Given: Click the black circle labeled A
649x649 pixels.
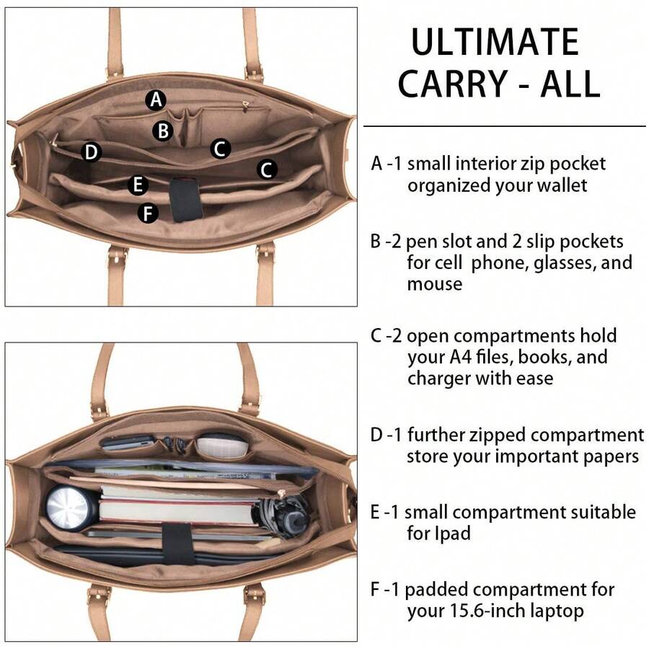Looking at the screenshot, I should (156, 100).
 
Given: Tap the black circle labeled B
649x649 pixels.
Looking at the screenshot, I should (164, 131).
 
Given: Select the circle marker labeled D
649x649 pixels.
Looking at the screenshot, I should (91, 152).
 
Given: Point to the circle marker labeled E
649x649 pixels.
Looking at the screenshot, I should (138, 185).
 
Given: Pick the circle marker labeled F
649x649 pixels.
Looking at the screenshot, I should (148, 213).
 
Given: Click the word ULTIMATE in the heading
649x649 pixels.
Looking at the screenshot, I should (495, 43).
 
